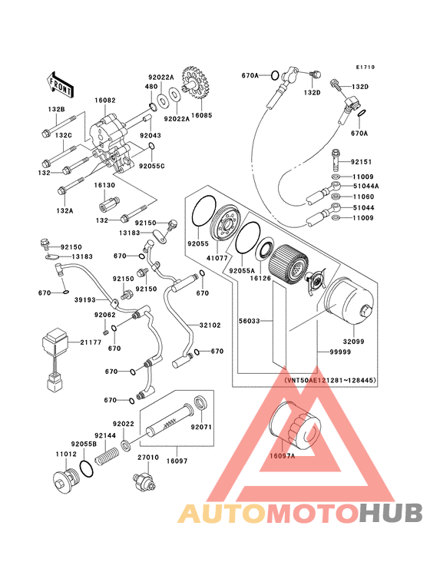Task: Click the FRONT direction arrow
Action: [60, 84]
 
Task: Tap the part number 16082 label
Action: [105, 101]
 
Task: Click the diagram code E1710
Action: [365, 67]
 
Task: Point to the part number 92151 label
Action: [361, 162]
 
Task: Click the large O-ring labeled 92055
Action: [204, 211]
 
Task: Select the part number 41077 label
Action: [217, 257]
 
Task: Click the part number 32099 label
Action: [353, 342]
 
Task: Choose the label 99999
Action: [340, 352]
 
